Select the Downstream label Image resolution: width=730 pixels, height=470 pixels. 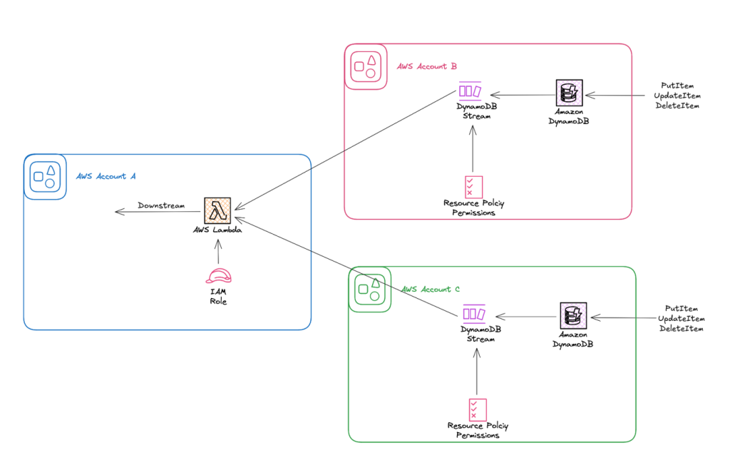161,205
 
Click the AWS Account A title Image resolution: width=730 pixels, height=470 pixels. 106,176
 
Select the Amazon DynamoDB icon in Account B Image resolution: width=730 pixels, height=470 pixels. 569,93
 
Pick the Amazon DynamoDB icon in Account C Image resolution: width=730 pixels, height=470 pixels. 573,316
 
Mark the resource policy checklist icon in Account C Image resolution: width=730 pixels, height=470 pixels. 478,409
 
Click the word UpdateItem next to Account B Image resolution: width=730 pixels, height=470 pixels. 677,96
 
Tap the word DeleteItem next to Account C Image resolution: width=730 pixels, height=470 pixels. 681,329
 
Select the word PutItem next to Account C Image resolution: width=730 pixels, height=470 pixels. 680,309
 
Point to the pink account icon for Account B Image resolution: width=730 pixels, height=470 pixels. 365,67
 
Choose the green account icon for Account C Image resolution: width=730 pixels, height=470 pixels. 369,289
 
